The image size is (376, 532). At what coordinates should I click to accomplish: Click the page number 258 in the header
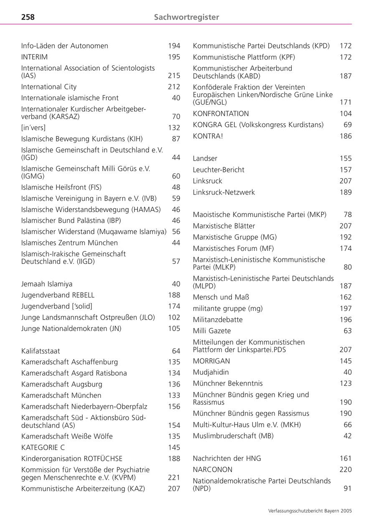pos(28,17)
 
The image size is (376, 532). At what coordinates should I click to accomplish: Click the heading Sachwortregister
pos(186,17)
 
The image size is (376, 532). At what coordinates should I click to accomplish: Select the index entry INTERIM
pos(35,57)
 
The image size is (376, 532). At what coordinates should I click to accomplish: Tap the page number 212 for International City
pos(174,87)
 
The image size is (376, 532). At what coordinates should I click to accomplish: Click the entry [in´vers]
pos(33,128)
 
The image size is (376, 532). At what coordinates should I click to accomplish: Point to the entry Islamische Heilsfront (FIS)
pos(61,187)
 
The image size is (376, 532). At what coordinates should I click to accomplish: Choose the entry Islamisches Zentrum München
pos(69,243)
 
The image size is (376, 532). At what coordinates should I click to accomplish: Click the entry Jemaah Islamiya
pos(47,284)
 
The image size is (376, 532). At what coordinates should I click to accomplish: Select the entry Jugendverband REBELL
pos(58,295)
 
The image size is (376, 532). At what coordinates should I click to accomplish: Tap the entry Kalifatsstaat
pos(41,351)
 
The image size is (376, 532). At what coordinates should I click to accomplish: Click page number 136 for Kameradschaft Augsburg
pos(174,384)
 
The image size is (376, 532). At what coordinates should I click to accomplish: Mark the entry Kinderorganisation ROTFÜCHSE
pos(72,459)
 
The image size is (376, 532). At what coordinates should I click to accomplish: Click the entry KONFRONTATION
pos(221,114)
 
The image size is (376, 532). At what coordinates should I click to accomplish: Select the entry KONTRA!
pos(208,136)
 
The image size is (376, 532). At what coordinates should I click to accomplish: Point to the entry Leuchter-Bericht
pos(218,170)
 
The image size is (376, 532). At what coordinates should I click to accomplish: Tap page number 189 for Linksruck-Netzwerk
pos(346,192)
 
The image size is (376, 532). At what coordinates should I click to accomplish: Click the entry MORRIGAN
pos(211,361)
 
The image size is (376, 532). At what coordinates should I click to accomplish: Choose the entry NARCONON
pos(213,470)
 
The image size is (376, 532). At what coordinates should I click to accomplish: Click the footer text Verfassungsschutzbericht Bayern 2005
pos(310,511)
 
